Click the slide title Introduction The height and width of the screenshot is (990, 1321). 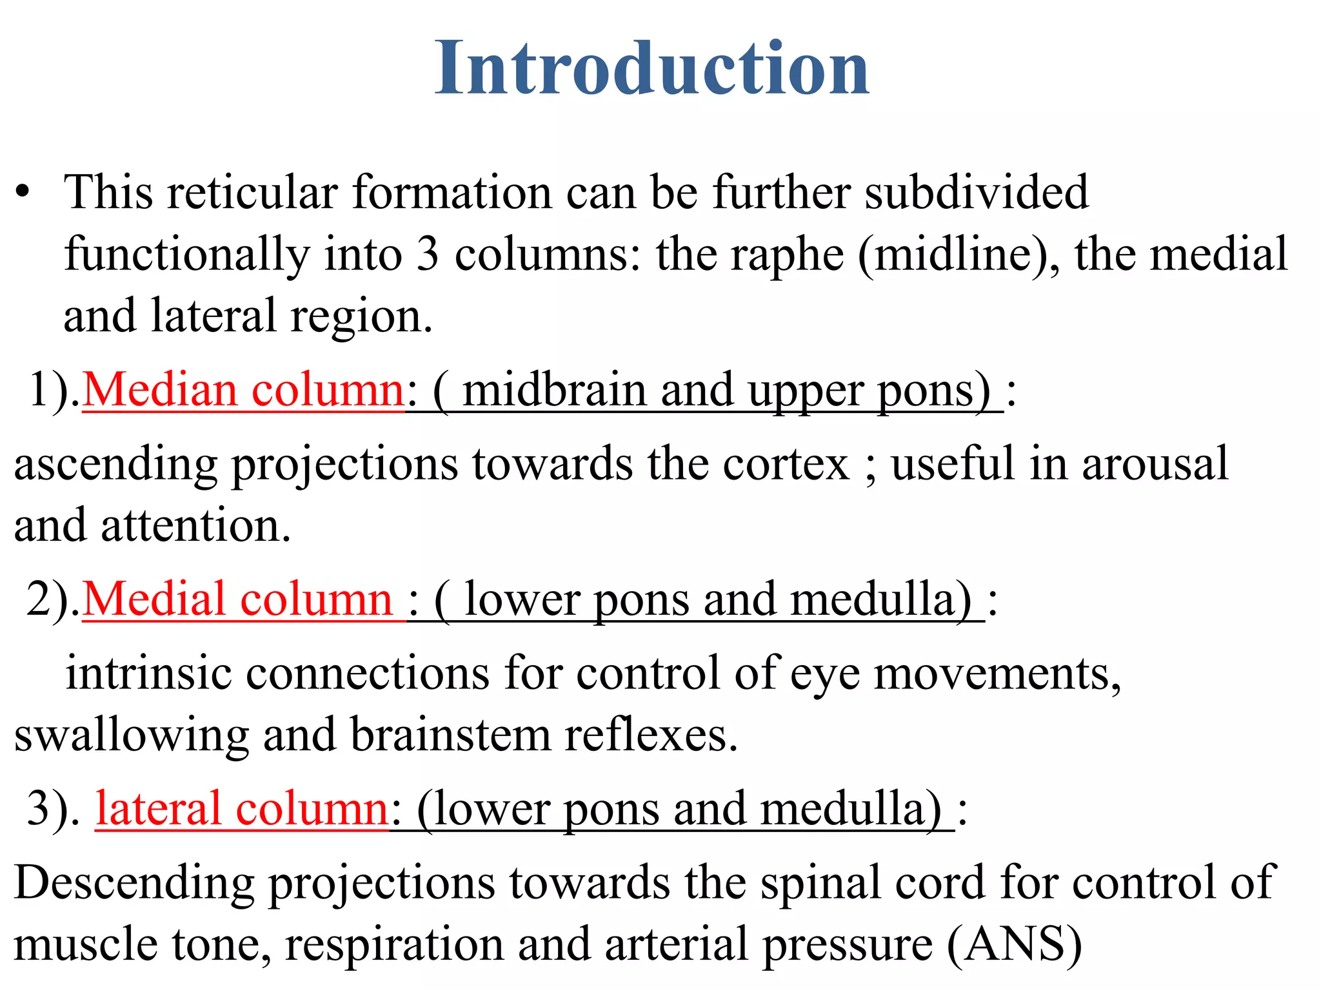click(652, 68)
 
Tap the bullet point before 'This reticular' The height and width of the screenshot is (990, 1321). click(24, 192)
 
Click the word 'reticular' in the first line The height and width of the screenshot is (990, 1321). click(252, 192)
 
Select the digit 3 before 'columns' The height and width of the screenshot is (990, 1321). click(427, 254)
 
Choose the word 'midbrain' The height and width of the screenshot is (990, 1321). click(554, 391)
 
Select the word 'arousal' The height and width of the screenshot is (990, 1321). click(1155, 464)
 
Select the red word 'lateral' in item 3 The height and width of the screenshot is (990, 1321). click(159, 809)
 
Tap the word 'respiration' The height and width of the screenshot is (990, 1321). click(393, 945)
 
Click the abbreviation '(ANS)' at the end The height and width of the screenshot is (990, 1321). click(1014, 945)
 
